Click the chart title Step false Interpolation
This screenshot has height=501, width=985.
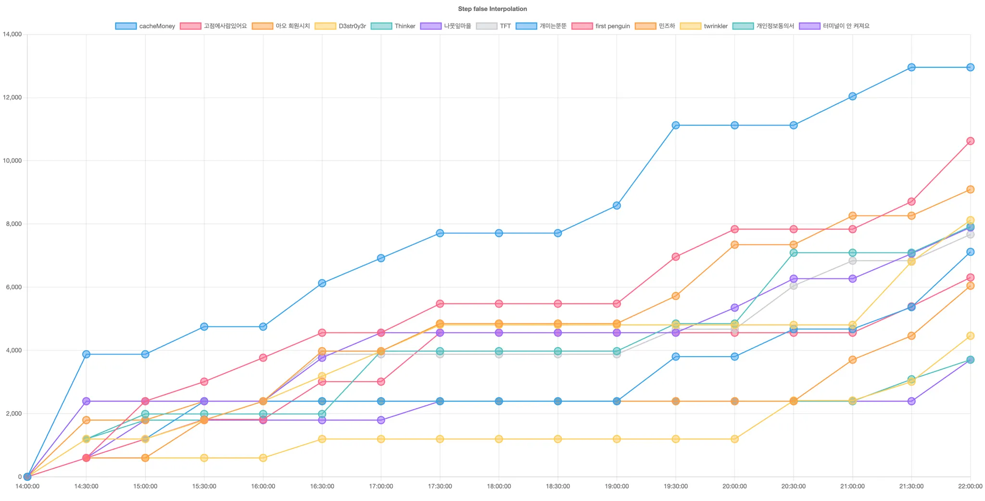click(492, 9)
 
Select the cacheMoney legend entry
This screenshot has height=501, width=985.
click(145, 26)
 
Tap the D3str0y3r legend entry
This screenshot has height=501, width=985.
click(341, 26)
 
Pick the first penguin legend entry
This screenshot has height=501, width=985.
click(601, 26)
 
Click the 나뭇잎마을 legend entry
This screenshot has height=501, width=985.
click(446, 26)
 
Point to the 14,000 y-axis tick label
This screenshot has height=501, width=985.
click(13, 34)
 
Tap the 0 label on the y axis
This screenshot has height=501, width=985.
click(20, 477)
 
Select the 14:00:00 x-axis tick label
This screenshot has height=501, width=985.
click(27, 486)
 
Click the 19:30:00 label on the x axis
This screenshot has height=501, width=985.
click(676, 486)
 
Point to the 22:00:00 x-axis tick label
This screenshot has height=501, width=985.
click(970, 486)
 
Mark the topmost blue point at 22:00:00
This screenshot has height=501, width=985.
click(970, 67)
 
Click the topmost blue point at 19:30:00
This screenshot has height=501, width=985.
click(676, 125)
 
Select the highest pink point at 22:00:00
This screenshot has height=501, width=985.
click(970, 141)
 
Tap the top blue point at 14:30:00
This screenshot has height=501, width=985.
click(86, 354)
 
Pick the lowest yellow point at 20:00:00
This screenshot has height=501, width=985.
click(734, 439)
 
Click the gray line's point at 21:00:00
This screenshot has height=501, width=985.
click(852, 261)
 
